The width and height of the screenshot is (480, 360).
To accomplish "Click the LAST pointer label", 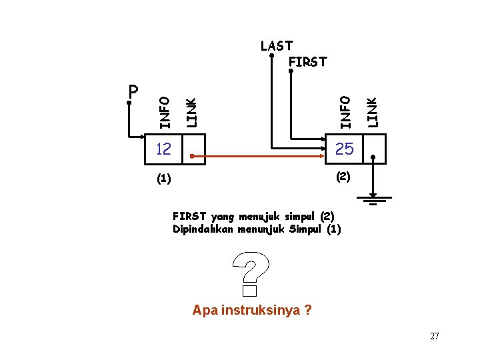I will click(x=277, y=46).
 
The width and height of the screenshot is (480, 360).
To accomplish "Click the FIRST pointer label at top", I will click(x=308, y=62).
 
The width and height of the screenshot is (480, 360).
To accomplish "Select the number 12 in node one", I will click(x=163, y=149).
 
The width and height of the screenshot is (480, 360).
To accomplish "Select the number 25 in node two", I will click(x=344, y=149).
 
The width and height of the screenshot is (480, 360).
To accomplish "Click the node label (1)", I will click(x=163, y=179).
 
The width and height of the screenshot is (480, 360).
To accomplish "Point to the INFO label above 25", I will click(x=345, y=111).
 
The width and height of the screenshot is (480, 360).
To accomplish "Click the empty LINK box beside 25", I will click(x=374, y=149).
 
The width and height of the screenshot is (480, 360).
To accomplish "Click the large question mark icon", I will click(x=250, y=272).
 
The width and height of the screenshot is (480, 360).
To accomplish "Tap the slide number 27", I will click(x=435, y=336).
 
